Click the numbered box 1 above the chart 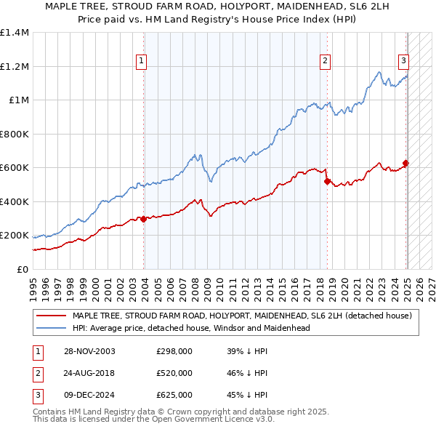[x=140, y=61]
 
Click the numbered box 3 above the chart [x=403, y=61]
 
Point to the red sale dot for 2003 [x=144, y=218]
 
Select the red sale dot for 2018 [x=327, y=181]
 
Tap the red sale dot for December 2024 [x=406, y=164]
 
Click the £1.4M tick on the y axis [x=15, y=33]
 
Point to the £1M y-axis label [x=19, y=100]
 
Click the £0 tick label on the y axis [x=23, y=270]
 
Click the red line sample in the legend [x=50, y=316]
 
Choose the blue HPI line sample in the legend [x=50, y=328]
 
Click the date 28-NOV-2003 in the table [x=89, y=351]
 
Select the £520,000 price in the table [x=174, y=373]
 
